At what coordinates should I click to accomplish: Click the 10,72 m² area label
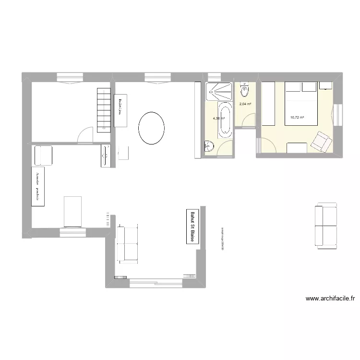pos(297,117)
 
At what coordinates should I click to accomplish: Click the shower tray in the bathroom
pos(219,91)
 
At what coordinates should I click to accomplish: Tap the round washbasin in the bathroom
pos(209,146)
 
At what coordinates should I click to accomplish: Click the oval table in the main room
pos(151,128)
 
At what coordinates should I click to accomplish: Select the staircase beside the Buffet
pos(104,110)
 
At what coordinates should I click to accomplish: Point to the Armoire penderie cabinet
pos(38,187)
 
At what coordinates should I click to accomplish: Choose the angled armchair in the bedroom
pos(321,141)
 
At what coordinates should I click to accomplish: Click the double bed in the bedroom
pos(301,104)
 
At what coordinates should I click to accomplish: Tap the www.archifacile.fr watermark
pos(330,298)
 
